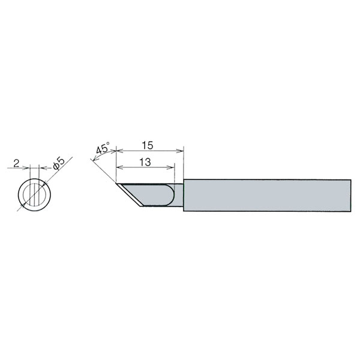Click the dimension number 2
[17, 163]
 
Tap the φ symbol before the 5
[55, 167]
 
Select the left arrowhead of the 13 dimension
[119, 166]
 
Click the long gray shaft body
[267, 196]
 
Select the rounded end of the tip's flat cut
[172, 196]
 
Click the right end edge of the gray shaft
[350, 196]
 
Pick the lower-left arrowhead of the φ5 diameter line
[23, 206]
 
